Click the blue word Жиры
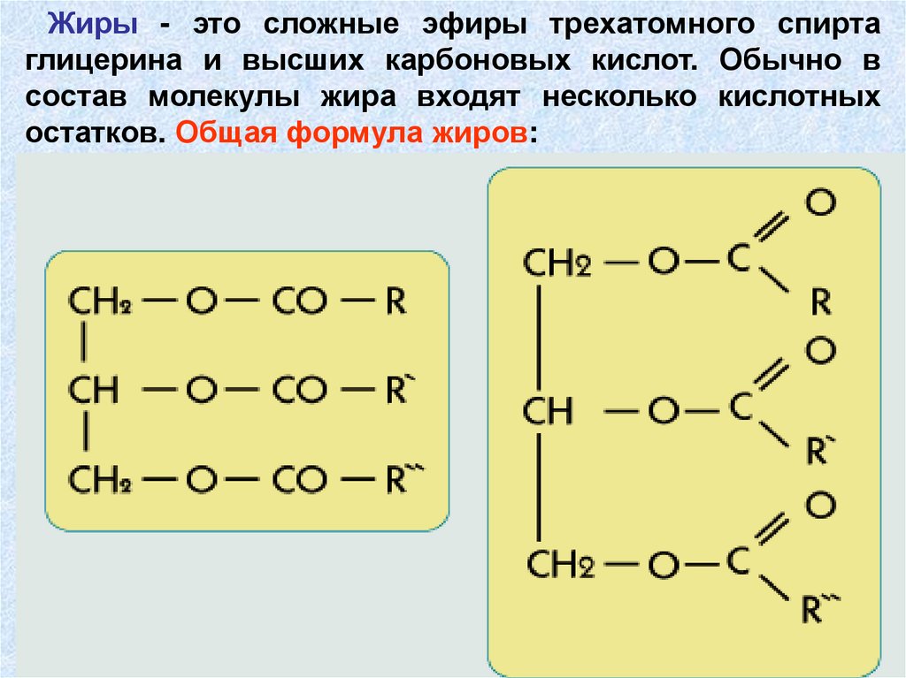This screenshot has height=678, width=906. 92,24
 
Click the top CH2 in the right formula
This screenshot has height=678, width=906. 557,263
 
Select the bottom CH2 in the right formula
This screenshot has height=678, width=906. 559,564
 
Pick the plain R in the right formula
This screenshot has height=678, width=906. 820,303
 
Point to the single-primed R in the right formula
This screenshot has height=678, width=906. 817,452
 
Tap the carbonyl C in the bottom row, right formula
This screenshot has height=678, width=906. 740,561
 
